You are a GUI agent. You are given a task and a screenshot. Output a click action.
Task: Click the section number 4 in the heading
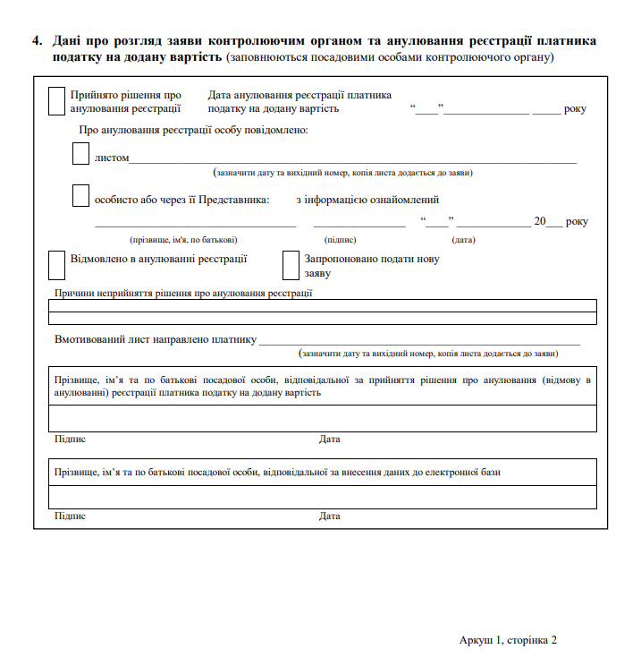pos(36,41)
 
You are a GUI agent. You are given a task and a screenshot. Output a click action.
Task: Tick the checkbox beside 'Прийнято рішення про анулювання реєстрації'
pos(56,100)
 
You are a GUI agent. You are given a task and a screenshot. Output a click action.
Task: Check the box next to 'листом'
pos(80,153)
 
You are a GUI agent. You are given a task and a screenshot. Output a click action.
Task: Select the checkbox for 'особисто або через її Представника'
pos(80,195)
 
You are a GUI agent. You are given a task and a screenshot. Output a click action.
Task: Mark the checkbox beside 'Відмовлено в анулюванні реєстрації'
pos(56,263)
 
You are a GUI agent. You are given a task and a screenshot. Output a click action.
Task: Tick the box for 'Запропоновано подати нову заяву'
pos(290,265)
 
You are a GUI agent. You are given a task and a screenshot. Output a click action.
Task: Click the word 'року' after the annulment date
pos(575,108)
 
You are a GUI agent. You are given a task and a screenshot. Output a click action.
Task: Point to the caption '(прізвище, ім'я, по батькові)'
pos(183,240)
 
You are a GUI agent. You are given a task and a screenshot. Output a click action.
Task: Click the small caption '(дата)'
pos(463,240)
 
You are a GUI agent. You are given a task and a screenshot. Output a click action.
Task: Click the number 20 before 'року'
pos(539,221)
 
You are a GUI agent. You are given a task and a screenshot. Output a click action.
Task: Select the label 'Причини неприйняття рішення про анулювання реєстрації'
pos(183,293)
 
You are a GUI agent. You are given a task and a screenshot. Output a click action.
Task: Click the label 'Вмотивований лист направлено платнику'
pos(156,340)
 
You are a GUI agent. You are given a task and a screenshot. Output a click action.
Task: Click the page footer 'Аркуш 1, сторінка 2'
pos(508,640)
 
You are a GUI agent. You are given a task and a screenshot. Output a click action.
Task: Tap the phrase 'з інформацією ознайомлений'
pos(367,200)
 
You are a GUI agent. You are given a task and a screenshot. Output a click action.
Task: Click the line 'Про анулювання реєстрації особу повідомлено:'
pos(193,131)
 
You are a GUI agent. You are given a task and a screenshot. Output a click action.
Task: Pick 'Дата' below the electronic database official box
pos(329,517)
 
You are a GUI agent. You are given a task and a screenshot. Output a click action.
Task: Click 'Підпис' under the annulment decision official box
pos(70,440)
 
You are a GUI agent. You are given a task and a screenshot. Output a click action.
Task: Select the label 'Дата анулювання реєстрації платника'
pos(299,95)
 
